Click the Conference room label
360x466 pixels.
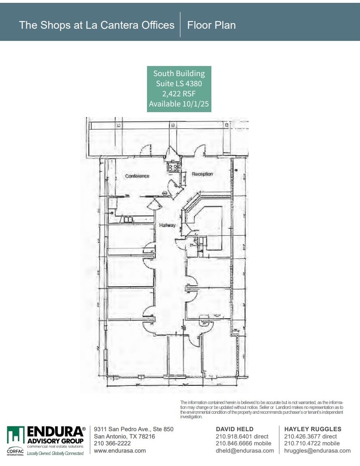coord(137,176)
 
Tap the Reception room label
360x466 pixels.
coord(202,174)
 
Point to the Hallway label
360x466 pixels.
coord(167,225)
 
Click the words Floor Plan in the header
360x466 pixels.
coord(211,25)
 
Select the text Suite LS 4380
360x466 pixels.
coord(179,84)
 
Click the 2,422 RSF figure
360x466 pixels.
coord(179,94)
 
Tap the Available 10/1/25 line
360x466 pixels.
coord(179,104)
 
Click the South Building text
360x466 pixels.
coord(179,74)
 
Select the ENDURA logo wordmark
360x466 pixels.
coord(56,432)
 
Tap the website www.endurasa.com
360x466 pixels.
coord(120,451)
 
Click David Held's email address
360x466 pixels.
coord(245,451)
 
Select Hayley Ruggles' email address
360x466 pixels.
coord(317,451)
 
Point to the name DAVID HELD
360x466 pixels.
coord(234,429)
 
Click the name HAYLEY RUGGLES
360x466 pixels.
coord(313,429)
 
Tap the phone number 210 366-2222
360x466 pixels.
coord(112,444)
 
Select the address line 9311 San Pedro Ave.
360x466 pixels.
coord(133,429)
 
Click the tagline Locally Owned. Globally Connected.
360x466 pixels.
coord(55,453)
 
